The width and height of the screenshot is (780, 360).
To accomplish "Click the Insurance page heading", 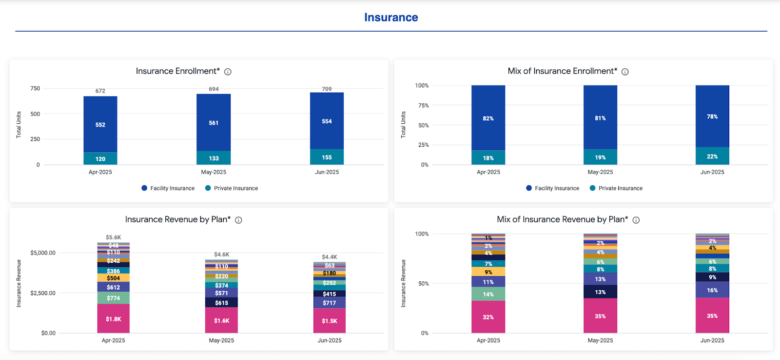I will (x=391, y=18).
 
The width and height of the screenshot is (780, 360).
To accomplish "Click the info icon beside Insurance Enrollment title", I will (x=228, y=72).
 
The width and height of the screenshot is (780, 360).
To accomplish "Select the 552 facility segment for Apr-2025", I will (x=100, y=125).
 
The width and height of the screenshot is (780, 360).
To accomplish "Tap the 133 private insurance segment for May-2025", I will (x=214, y=158).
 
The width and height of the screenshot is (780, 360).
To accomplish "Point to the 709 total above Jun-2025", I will (x=327, y=89).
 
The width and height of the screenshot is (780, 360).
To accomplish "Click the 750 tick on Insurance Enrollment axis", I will (x=35, y=88).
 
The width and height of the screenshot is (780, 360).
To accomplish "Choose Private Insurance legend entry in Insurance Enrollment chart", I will (x=235, y=188).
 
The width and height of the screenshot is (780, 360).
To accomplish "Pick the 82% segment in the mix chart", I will (x=488, y=119).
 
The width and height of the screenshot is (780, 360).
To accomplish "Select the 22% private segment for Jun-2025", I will (x=712, y=157).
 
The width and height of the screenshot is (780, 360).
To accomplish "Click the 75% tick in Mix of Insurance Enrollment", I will (x=423, y=105).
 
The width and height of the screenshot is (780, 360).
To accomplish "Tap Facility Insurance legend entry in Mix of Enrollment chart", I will (x=557, y=188).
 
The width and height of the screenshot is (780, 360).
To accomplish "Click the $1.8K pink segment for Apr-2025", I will (x=114, y=319).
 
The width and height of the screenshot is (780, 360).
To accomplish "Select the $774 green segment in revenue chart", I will (x=114, y=298).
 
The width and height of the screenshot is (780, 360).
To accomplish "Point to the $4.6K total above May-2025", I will (x=221, y=255).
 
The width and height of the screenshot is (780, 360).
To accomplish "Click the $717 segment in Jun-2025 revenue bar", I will (x=330, y=303).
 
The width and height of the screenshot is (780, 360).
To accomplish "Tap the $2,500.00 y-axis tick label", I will (x=43, y=293).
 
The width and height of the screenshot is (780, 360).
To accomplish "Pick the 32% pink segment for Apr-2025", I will (x=488, y=317).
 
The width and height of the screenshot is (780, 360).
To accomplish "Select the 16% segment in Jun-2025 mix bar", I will (x=712, y=290).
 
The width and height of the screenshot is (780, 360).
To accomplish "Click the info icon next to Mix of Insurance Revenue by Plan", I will (x=636, y=220).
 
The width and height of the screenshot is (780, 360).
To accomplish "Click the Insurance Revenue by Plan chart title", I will (x=178, y=220).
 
